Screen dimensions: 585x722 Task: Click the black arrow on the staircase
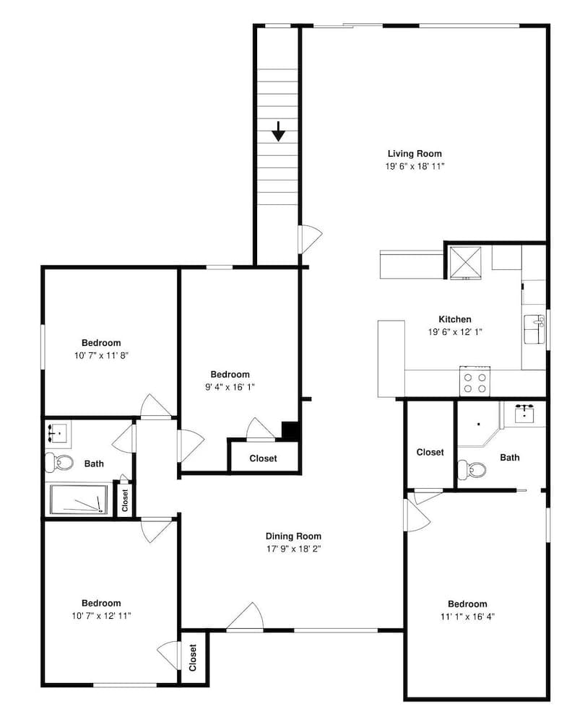[278, 131]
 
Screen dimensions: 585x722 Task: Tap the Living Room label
[415, 154]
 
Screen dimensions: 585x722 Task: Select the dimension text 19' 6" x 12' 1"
[455, 332]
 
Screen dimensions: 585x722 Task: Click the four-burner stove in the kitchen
[474, 381]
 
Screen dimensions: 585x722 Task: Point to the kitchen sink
[534, 329]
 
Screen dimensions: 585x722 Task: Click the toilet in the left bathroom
[59, 462]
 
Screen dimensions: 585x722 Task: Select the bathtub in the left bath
[79, 500]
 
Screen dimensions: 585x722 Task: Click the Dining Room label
[293, 536]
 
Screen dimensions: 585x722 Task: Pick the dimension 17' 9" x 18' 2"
[293, 549]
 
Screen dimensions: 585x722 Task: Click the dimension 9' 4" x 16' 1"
[230, 387]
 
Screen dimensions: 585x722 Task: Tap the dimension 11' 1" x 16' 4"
[467, 617]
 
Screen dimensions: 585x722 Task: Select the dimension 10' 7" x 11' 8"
[101, 355]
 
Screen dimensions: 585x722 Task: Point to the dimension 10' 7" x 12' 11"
[101, 616]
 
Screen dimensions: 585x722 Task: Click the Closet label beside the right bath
[430, 452]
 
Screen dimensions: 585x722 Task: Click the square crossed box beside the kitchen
[465, 263]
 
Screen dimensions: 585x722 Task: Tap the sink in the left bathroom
[57, 434]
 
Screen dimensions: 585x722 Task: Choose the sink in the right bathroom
[524, 414]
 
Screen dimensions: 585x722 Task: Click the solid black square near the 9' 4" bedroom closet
[290, 430]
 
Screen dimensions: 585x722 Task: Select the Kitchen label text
[455, 319]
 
